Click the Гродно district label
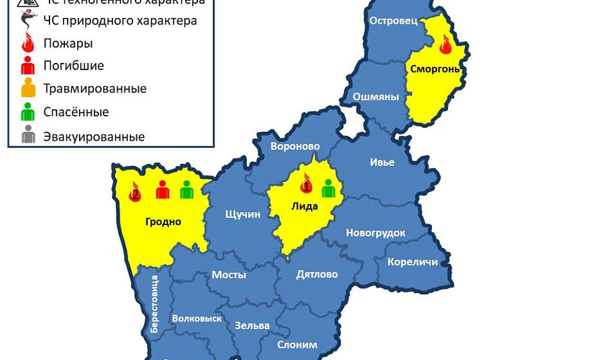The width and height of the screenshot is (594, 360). (163, 222)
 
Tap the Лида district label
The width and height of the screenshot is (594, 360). (304, 206)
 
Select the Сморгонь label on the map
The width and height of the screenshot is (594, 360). (435, 69)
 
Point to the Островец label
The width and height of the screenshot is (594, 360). (393, 21)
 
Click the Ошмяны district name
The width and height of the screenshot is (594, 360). (375, 97)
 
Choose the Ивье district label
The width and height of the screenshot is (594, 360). (382, 162)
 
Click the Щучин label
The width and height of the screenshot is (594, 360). (242, 214)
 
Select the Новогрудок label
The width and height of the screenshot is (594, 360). (375, 233)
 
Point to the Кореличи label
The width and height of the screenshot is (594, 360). (412, 262)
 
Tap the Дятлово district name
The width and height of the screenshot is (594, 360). (317, 274)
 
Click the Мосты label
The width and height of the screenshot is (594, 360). (229, 274)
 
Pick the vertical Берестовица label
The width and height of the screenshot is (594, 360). (154, 303)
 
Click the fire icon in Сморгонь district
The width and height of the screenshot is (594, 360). (446, 44)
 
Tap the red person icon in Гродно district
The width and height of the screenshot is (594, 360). (163, 190)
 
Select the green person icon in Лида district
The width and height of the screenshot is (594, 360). (328, 188)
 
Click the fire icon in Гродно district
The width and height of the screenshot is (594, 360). (135, 192)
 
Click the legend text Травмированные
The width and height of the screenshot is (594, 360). (94, 89)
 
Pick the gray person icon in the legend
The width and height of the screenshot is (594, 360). (28, 136)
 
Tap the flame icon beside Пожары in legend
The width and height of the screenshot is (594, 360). (28, 44)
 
